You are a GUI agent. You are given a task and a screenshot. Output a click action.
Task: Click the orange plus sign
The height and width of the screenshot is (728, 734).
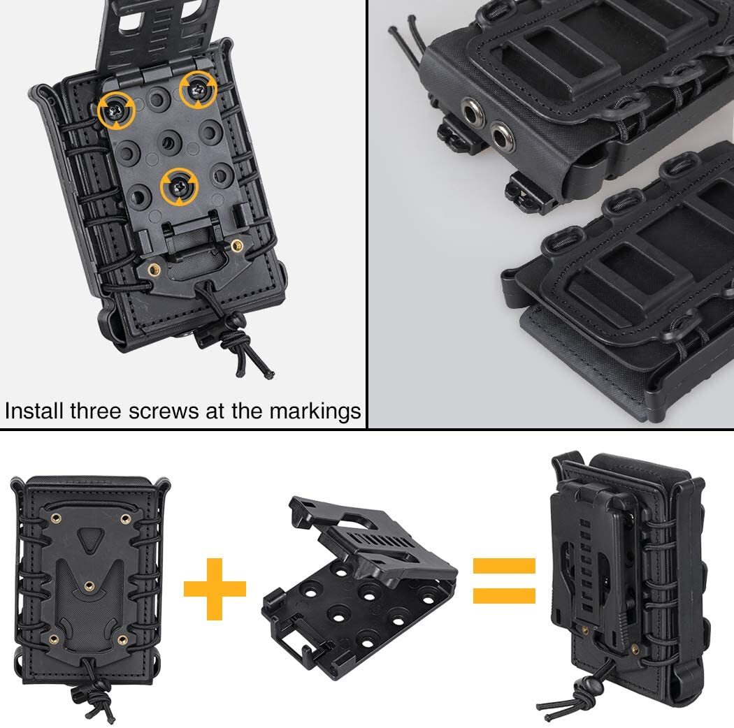pyautogui.click(x=215, y=589)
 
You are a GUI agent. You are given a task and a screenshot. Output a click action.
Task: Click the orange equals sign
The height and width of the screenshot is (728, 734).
pyautogui.click(x=504, y=580)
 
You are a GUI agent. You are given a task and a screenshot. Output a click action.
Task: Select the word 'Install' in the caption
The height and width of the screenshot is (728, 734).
pyautogui.click(x=34, y=411)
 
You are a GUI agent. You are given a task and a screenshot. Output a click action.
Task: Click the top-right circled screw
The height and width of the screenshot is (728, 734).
pyautogui.click(x=198, y=89)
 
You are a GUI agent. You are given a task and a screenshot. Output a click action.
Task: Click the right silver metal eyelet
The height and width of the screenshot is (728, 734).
pyautogui.click(x=500, y=131)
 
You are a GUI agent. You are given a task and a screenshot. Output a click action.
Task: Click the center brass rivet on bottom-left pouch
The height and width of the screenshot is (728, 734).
pyautogui.click(x=89, y=584)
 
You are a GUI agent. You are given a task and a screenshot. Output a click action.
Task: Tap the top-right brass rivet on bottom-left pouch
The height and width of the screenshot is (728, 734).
pyautogui.click(x=125, y=518)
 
